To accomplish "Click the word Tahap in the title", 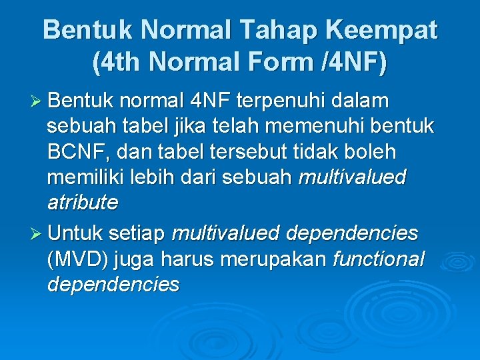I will (285, 30).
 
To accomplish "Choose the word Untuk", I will (75, 234).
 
